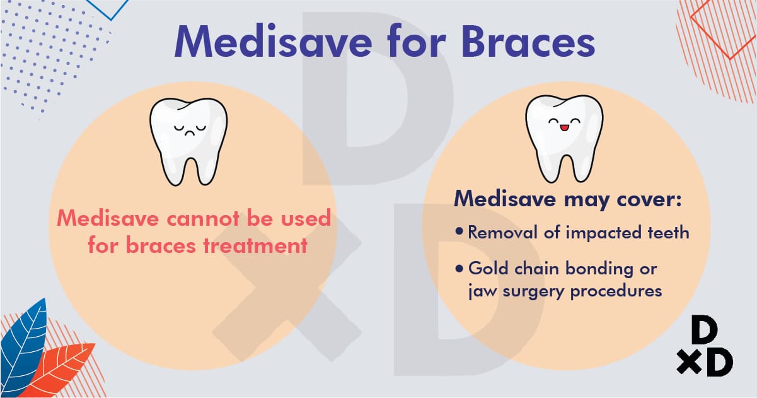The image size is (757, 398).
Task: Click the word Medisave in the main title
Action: (x=273, y=42)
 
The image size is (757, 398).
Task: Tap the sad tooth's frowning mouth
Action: (x=190, y=133)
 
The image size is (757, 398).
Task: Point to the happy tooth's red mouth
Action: (x=564, y=128)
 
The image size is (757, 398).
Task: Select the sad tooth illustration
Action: (x=188, y=142)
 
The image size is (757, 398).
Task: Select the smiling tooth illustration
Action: (x=564, y=139)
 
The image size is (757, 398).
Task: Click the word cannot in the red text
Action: (x=203, y=218)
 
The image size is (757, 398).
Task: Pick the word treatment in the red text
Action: (x=255, y=245)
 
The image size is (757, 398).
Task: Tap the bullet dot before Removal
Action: (x=459, y=231)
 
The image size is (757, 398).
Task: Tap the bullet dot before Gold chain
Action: (x=459, y=269)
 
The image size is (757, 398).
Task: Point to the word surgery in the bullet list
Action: (x=534, y=291)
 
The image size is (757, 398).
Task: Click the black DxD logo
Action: (x=705, y=346)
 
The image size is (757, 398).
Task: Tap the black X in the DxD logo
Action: (x=690, y=362)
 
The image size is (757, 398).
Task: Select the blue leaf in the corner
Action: (x=23, y=348)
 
